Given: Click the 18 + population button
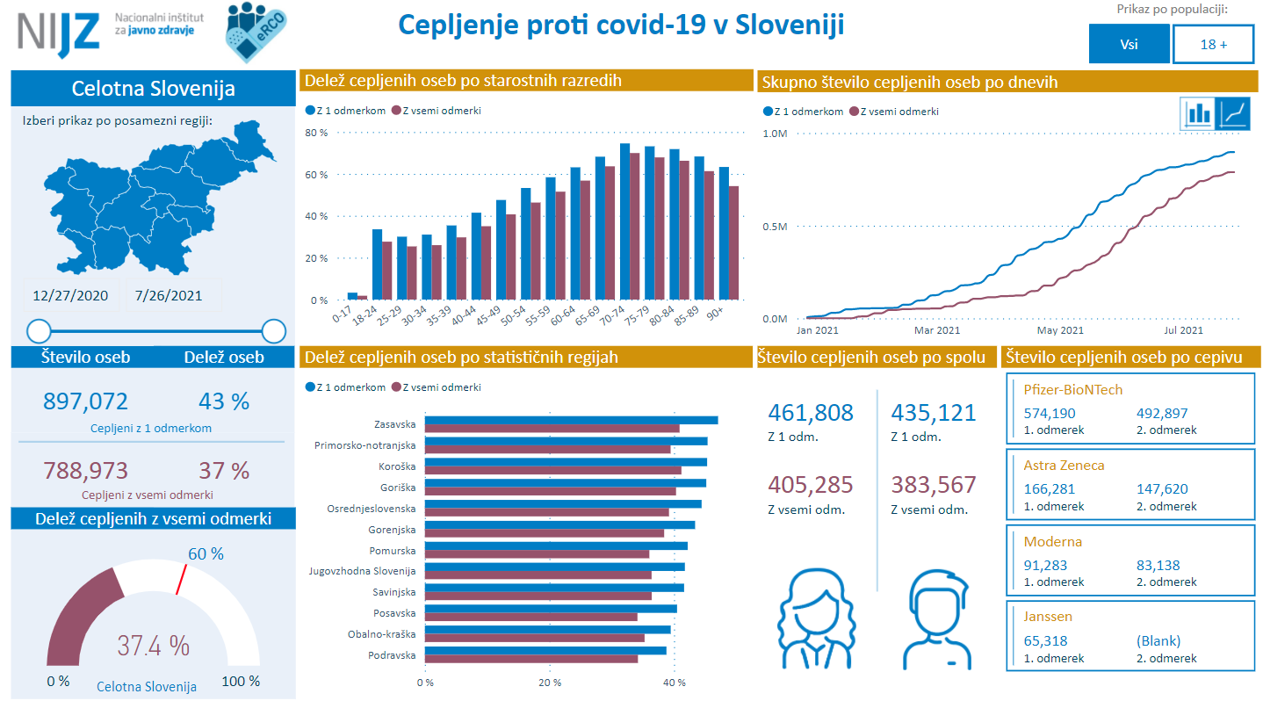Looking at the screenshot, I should pos(1213,44).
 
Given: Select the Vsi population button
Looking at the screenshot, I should pos(1129,44).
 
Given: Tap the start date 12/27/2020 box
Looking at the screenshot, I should pos(70,295).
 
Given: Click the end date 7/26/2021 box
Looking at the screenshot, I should pos(169,295).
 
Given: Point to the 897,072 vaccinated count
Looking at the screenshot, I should pos(85,401).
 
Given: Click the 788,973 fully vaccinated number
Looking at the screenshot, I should pos(85,471).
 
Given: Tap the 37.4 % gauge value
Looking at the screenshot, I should pos(154,647).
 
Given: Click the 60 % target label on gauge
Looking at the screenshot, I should pos(206,553).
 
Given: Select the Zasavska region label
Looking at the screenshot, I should pos(394,424).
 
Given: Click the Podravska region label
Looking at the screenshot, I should pos(392,654).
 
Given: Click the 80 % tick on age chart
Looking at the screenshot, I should pos(316,133).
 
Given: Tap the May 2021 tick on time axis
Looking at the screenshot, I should pos(1059,330).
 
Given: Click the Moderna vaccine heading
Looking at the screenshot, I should pos(1052,542).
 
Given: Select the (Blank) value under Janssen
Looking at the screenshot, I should pos(1158,640).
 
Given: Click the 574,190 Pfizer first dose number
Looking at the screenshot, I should pos(1050,414).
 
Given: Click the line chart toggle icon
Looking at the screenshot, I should pos(1235,113).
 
